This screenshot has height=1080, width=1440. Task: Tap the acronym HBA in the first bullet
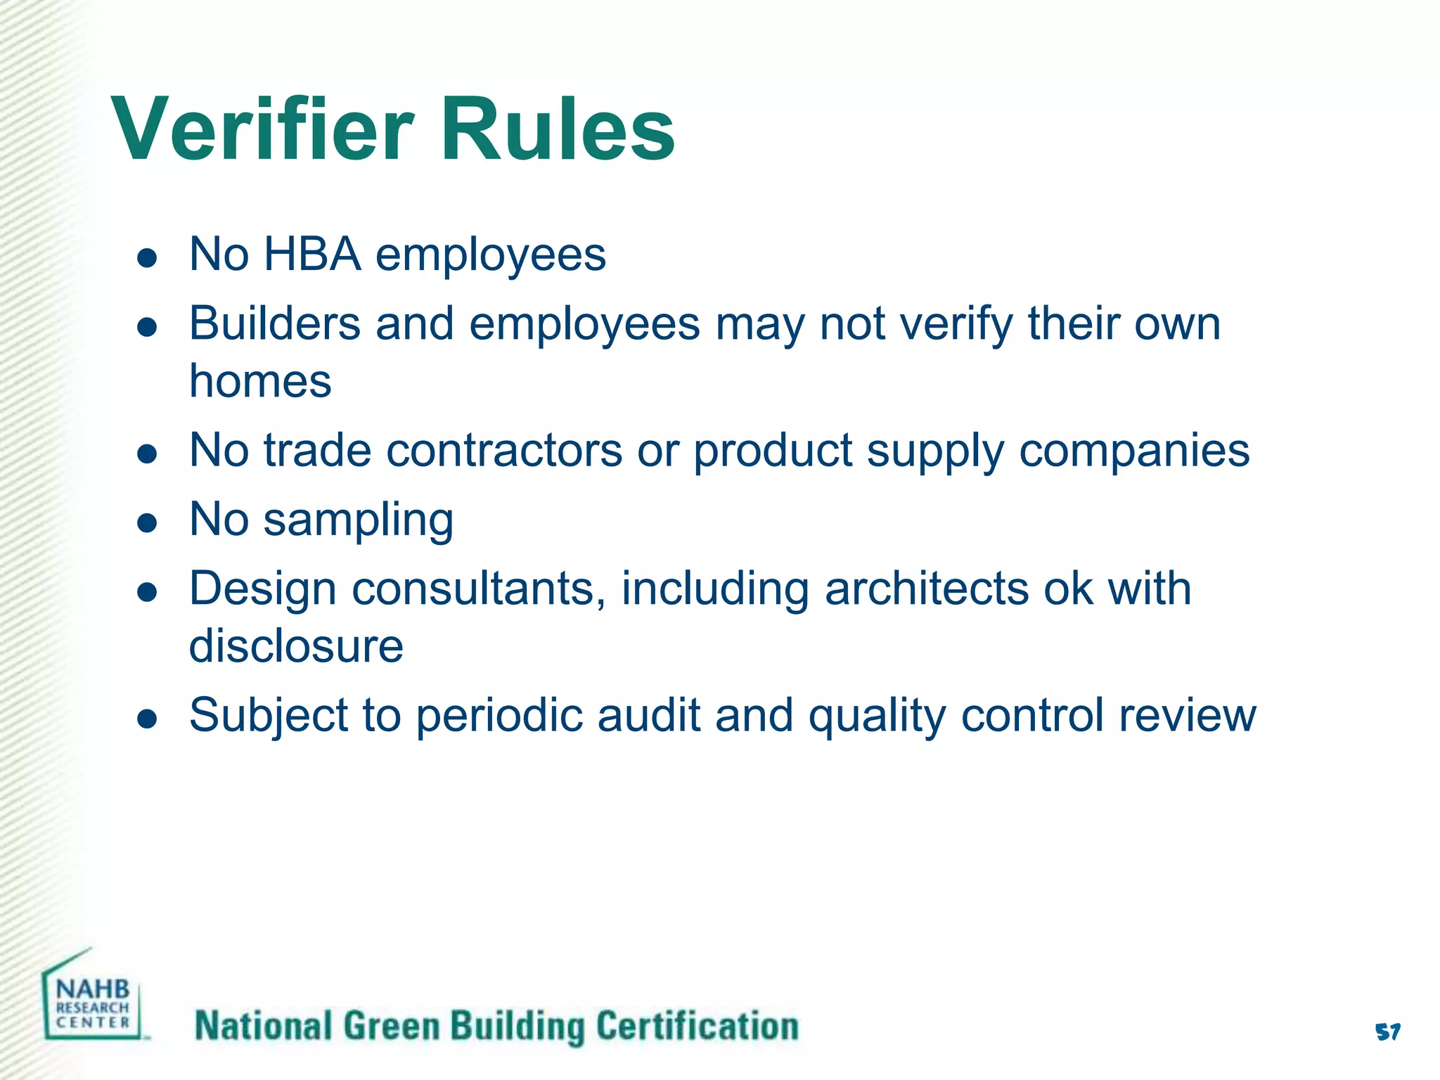[312, 254]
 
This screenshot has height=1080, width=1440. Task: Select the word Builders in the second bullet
[274, 324]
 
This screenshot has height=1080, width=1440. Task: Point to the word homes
[260, 381]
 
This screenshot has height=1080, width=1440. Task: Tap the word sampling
[358, 521]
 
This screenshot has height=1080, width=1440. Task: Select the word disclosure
[296, 645]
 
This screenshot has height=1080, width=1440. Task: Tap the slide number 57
[1387, 1032]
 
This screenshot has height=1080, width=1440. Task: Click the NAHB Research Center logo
[93, 999]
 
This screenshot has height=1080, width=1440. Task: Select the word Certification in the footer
[697, 1026]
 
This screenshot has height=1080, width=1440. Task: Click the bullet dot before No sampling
[147, 523]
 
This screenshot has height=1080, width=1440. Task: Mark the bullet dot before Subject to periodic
[147, 719]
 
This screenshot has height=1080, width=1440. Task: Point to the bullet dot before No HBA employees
[147, 257]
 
